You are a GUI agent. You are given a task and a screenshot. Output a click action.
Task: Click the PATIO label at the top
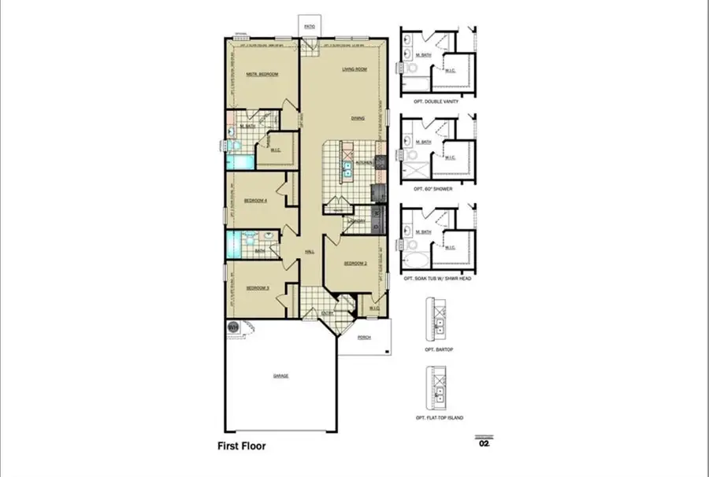coord(310,26)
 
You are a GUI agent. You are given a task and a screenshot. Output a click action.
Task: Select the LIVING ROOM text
coord(354,69)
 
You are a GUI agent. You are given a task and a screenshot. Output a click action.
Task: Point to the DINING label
coord(358,118)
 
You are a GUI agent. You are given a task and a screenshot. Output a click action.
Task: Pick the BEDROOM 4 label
coord(256,201)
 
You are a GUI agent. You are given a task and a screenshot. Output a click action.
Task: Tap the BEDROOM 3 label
coord(258,288)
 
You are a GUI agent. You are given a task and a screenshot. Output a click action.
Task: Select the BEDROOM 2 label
coord(354,263)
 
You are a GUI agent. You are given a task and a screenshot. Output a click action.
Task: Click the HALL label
coord(310,252)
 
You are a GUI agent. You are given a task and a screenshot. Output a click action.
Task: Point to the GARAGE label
coord(280,375)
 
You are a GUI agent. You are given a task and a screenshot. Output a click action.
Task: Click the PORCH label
coord(364,337)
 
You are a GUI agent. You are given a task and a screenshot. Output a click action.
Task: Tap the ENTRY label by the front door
coord(327,313)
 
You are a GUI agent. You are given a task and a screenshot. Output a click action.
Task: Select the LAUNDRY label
coord(354,221)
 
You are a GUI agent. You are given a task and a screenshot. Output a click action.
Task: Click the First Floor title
coord(242,446)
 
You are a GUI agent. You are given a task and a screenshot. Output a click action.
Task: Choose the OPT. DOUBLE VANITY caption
coord(436,102)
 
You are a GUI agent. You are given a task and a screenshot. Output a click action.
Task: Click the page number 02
coord(484,444)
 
